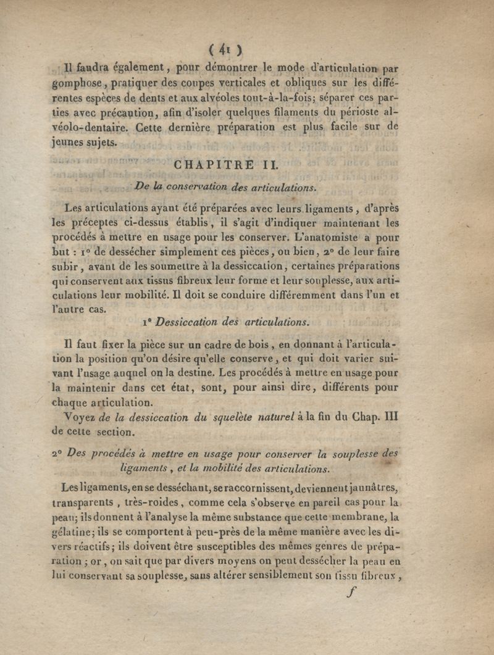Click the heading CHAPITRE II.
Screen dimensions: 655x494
227,165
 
